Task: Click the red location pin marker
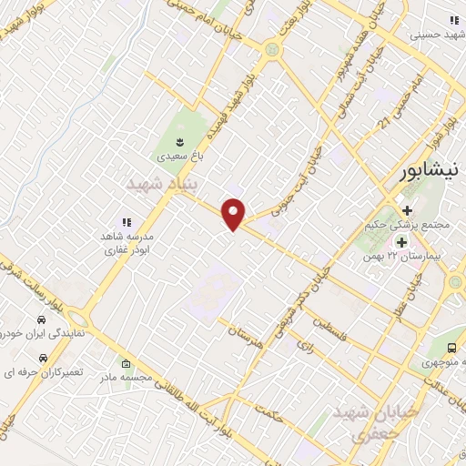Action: [234, 213]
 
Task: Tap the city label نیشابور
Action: [433, 175]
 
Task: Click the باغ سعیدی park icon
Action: [180, 141]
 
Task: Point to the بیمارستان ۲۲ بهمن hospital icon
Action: [400, 241]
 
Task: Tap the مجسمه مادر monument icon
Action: [126, 364]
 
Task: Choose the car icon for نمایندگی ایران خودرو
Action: [42, 320]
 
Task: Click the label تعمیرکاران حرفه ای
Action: [37, 373]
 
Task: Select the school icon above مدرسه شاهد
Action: [127, 221]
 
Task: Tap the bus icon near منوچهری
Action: [452, 348]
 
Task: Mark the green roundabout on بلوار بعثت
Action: [270, 49]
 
